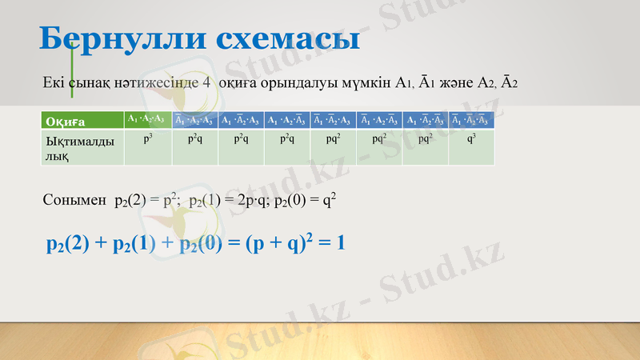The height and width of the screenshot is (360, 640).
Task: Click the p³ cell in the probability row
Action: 147,139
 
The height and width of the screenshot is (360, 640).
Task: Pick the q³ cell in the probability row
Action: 471,139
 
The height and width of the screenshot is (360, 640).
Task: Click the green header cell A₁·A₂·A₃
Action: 147,120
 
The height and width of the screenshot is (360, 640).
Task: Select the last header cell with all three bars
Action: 471,120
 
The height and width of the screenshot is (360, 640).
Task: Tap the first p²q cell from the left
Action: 194,139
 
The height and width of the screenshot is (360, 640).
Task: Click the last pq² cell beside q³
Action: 426,139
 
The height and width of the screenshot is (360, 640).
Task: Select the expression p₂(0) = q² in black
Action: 304,200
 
